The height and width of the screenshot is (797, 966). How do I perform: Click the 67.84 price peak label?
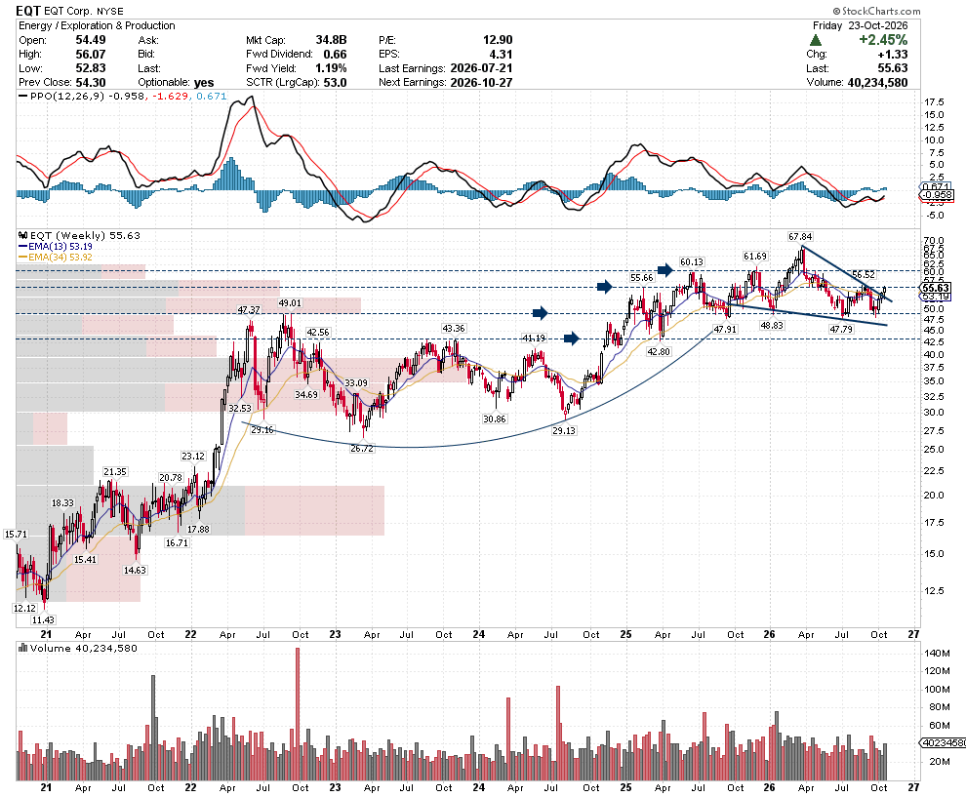point(800,236)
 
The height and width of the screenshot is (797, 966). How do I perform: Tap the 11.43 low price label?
point(43,620)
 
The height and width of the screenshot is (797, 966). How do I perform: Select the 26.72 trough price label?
point(362,449)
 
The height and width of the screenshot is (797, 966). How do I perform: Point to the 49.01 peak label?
point(290,303)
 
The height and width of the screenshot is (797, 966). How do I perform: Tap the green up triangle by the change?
point(816,40)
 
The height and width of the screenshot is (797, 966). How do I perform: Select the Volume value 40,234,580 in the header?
point(877,83)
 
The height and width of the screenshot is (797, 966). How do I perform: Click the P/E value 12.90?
point(498,40)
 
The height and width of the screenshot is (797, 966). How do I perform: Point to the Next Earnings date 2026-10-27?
point(481,83)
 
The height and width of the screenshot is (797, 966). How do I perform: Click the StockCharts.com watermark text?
point(876,11)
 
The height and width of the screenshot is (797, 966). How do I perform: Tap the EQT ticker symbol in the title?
point(28,11)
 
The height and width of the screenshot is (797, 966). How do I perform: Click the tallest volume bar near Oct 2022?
point(298,714)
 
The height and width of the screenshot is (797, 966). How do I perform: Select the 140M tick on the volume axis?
point(937,653)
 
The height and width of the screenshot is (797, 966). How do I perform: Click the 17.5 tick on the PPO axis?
point(934,102)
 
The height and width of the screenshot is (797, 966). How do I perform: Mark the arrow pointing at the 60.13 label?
point(665,269)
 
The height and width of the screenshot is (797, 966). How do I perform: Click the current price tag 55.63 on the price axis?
point(935,288)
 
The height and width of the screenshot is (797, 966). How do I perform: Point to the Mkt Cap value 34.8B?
point(331,40)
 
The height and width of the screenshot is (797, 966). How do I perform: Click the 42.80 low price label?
point(659,352)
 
